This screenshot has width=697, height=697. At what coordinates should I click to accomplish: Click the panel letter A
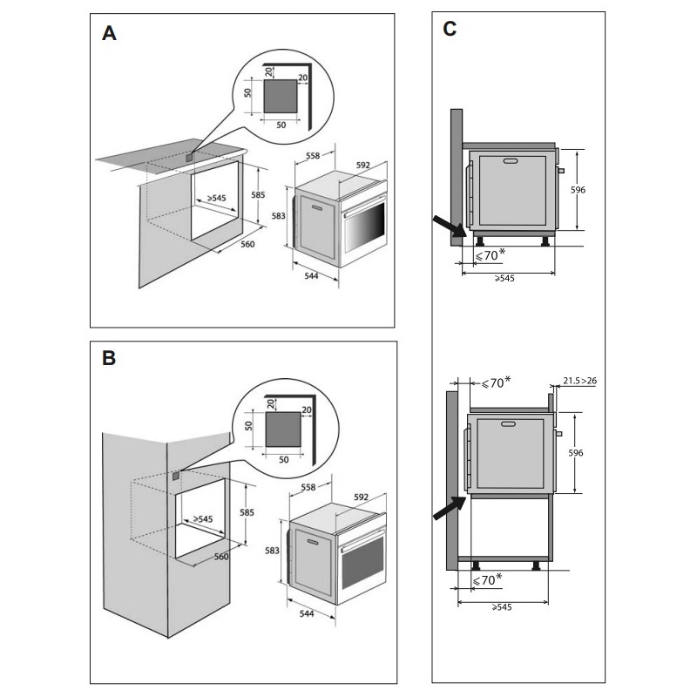pos(109,34)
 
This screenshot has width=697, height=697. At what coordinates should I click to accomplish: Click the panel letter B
pos(109,358)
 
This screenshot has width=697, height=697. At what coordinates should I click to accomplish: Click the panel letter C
pos(450,29)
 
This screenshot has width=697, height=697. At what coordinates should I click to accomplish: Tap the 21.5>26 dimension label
pos(579,382)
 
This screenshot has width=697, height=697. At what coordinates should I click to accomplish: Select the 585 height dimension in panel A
pos(258,195)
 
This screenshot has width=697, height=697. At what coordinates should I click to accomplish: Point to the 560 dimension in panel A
pos(247,245)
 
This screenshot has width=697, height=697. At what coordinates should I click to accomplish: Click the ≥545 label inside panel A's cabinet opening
pos(212,199)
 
